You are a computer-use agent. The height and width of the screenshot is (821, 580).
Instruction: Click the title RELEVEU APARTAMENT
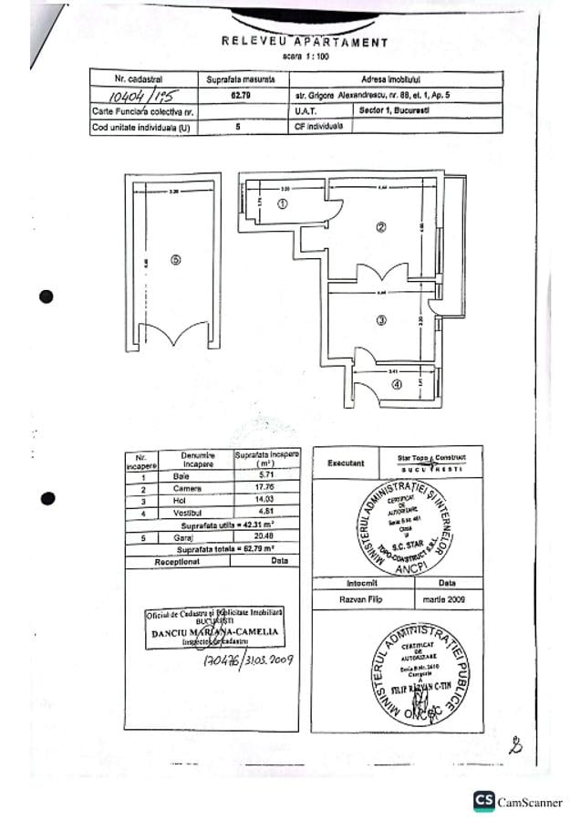point(305,42)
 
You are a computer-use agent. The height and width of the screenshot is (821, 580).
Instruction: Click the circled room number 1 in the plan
point(283,204)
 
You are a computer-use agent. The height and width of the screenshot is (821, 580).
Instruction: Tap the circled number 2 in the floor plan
point(382,227)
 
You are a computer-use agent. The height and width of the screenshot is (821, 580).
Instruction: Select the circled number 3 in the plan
point(382,319)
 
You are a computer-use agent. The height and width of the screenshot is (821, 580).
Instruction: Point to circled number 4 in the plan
point(397,384)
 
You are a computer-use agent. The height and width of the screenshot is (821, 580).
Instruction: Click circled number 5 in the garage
point(175,259)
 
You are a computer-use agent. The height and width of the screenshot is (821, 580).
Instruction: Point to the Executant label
point(345,462)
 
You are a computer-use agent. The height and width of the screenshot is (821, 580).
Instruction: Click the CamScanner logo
point(517,802)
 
